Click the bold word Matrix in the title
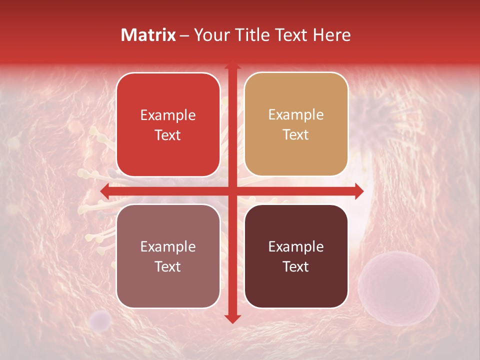coord(148,35)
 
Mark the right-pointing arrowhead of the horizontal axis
coord(358,191)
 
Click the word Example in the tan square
coord(296,115)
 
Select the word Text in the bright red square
coord(168,135)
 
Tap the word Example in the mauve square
coord(168,246)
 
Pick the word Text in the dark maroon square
coord(296,266)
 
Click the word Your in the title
coord(206,35)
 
